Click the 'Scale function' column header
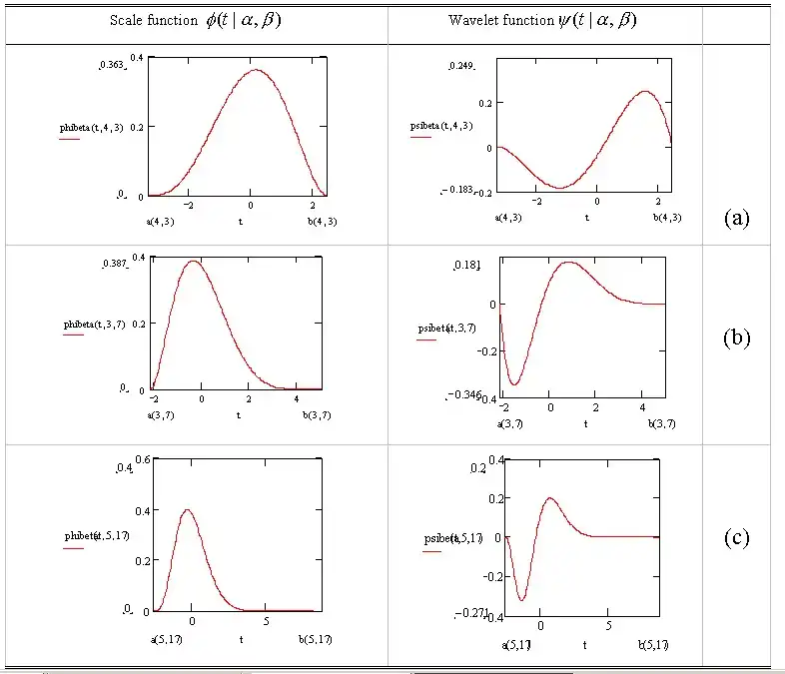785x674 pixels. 195,21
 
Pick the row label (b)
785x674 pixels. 736,337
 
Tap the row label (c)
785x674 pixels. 736,537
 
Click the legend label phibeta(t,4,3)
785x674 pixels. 93,129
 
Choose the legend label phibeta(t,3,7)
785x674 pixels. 93,325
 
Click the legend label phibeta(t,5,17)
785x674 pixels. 96,536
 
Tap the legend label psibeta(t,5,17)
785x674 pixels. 447,539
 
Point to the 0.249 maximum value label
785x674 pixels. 460,65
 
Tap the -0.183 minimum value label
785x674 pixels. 458,189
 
